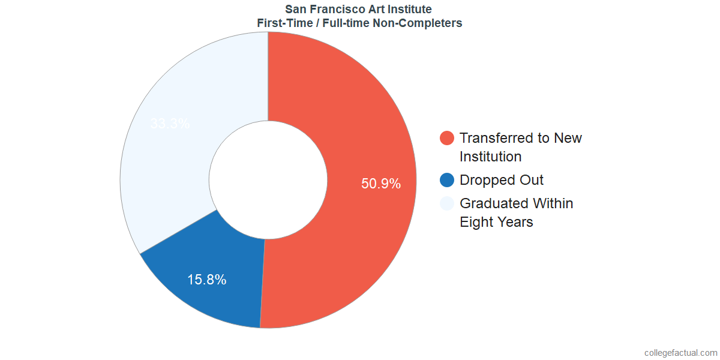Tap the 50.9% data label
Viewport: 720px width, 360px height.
[x=380, y=184]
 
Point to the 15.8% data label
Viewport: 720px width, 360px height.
[x=206, y=279]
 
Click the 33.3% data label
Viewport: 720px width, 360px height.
[x=170, y=124]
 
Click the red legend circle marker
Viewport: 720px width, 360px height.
[x=447, y=138]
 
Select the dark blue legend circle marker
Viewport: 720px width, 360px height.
[x=447, y=180]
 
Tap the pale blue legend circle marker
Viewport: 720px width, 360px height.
[x=447, y=203]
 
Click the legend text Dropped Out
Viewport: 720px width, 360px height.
[x=502, y=180]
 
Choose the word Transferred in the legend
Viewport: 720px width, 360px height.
[x=496, y=138]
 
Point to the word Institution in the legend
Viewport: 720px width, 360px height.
[x=490, y=157]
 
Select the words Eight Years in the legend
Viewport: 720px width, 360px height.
[x=496, y=222]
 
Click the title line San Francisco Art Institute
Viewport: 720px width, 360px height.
[x=358, y=10]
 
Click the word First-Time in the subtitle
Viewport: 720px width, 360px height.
[x=280, y=23]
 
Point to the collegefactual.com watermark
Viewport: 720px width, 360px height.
[x=680, y=353]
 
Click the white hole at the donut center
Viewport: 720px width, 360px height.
[x=268, y=180]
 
